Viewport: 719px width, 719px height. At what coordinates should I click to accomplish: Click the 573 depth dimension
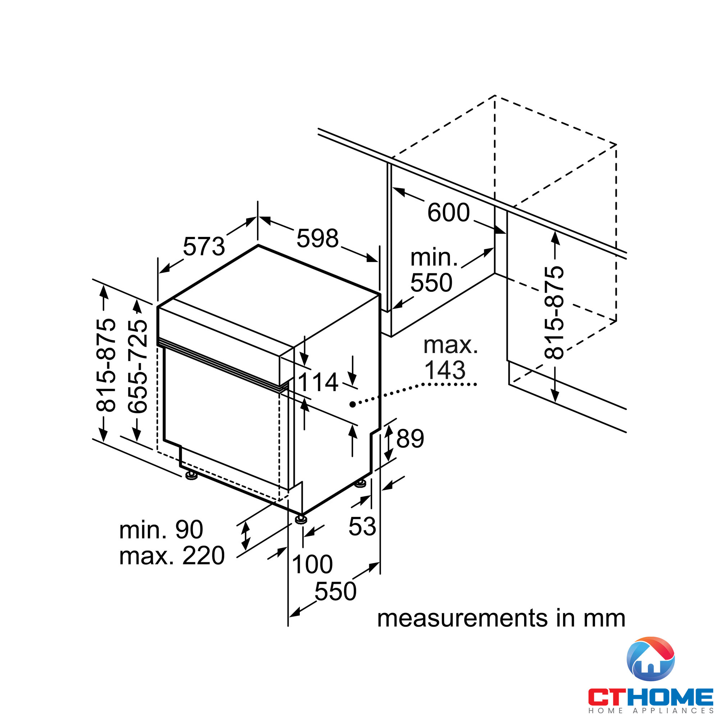pos(204,246)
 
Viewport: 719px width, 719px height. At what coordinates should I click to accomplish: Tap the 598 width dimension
pos(317,238)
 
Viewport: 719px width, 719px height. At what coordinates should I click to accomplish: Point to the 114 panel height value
pos(318,382)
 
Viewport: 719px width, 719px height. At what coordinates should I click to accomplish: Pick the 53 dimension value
pos(362,527)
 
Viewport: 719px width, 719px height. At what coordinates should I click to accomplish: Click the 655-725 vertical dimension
pos(138,366)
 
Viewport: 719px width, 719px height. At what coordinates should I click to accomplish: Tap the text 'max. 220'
pos(172,556)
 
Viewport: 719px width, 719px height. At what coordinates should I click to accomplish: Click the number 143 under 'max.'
pos(445,370)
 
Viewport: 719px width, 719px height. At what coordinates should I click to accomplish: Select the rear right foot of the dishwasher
pos(360,484)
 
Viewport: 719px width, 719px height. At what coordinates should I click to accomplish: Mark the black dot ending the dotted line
pos(352,404)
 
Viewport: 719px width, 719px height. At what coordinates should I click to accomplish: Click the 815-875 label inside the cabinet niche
pos(554,313)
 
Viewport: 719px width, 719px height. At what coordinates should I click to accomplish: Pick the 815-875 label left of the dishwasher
pos(106,365)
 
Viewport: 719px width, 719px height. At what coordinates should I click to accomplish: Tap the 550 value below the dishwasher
pos(335,591)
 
